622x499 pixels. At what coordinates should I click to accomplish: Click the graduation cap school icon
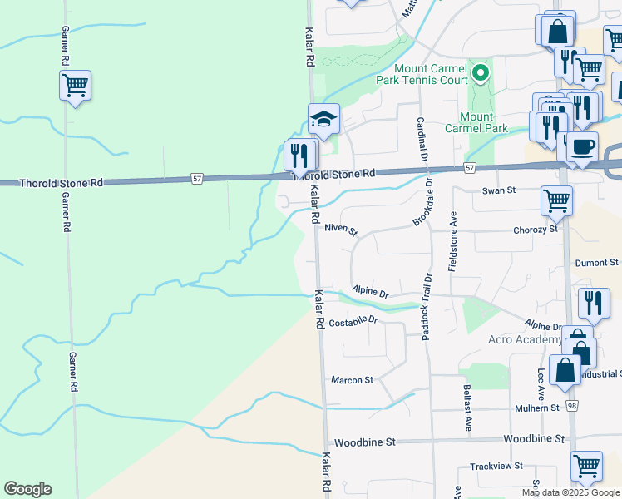pyautogui.click(x=323, y=119)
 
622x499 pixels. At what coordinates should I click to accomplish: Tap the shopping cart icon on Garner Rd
pyautogui.click(x=75, y=85)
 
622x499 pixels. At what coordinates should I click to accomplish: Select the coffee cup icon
pyautogui.click(x=583, y=146)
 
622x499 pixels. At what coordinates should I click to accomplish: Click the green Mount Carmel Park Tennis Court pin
pyautogui.click(x=480, y=74)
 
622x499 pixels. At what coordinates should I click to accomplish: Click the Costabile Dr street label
pyautogui.click(x=353, y=321)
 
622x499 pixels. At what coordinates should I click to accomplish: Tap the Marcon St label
pyautogui.click(x=352, y=380)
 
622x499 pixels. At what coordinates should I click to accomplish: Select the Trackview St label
pyautogui.click(x=496, y=467)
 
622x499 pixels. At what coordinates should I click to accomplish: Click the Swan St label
pyautogui.click(x=500, y=190)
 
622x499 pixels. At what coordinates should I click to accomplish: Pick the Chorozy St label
pyautogui.click(x=535, y=229)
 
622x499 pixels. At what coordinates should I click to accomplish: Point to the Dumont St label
pyautogui.click(x=597, y=262)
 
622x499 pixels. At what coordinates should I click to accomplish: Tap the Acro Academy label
pyautogui.click(x=526, y=340)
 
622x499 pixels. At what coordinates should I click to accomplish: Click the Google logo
pyautogui.click(x=27, y=489)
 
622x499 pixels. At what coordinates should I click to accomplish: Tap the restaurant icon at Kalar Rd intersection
pyautogui.click(x=299, y=155)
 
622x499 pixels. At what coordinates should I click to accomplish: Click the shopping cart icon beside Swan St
pyautogui.click(x=555, y=200)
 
